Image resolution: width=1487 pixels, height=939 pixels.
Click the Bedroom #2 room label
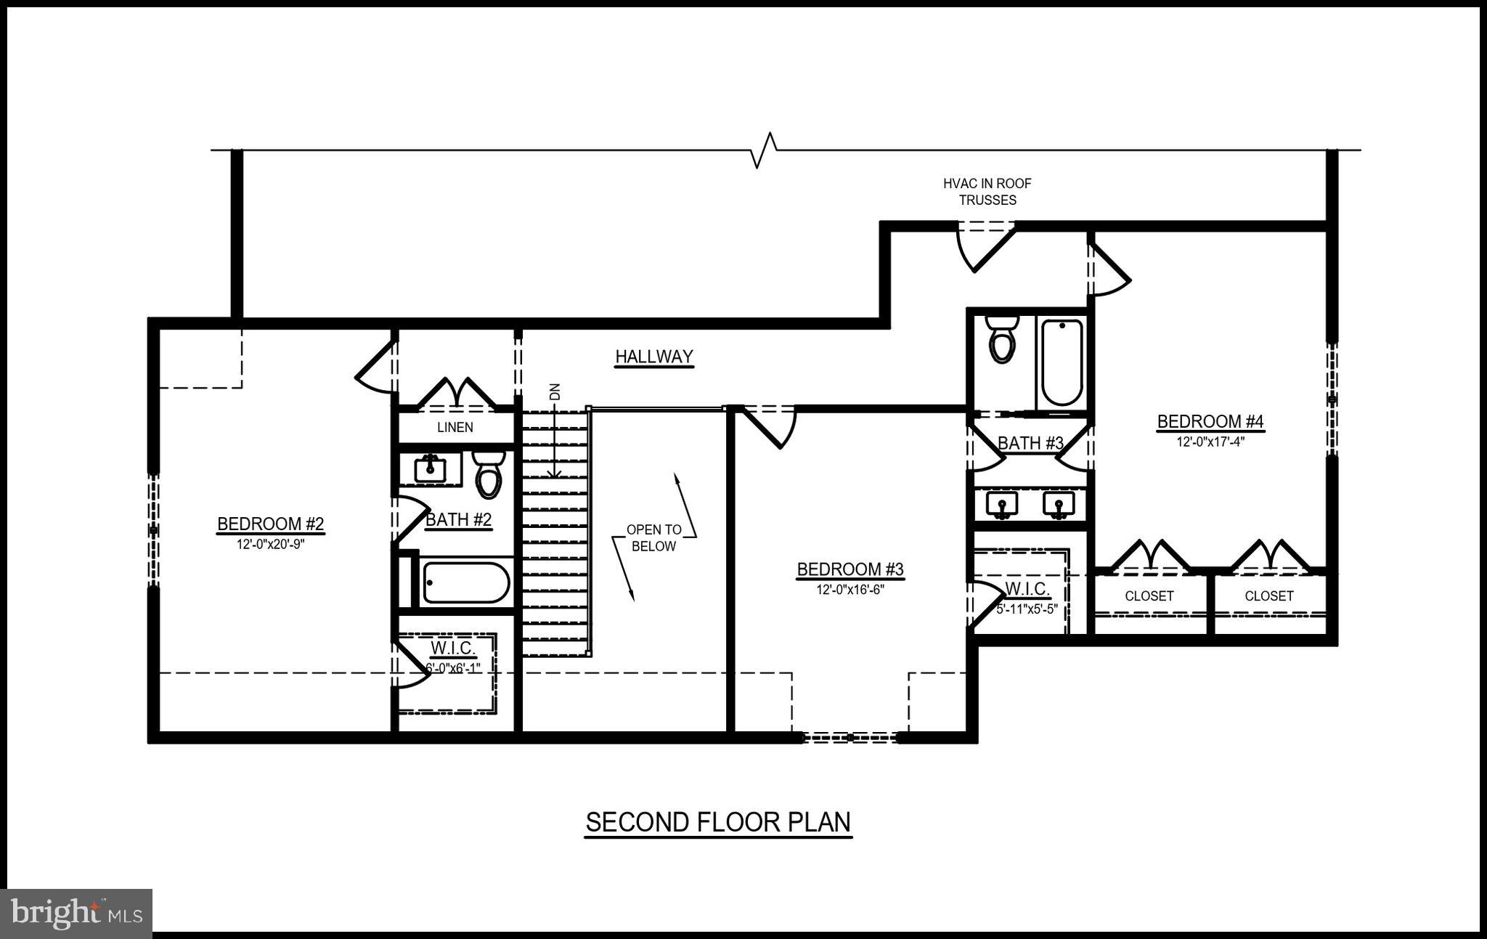click(x=270, y=524)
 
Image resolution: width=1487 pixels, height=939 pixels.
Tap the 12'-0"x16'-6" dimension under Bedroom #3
click(x=850, y=590)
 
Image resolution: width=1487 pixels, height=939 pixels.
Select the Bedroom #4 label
click(x=1210, y=421)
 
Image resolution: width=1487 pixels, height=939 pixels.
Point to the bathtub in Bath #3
click(x=1062, y=362)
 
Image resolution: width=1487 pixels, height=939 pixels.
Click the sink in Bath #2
click(x=430, y=469)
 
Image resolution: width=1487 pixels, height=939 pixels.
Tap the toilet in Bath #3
click(x=1002, y=341)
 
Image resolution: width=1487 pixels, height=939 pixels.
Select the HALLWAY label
click(x=654, y=357)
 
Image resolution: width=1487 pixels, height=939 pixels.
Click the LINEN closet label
click(x=455, y=427)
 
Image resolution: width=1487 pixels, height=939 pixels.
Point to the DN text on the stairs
click(x=555, y=392)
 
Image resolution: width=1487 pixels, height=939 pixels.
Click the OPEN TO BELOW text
click(x=653, y=538)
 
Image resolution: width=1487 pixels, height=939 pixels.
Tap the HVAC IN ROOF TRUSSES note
click(x=987, y=192)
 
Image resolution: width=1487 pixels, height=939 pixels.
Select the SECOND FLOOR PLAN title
click(x=718, y=822)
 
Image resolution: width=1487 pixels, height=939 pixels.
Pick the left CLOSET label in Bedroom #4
click(x=1149, y=595)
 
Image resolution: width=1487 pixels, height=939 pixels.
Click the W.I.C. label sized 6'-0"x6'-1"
click(x=452, y=648)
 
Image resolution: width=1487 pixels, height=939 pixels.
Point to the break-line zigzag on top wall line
click(x=764, y=150)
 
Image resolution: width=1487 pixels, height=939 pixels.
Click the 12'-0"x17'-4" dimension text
click(x=1210, y=441)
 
